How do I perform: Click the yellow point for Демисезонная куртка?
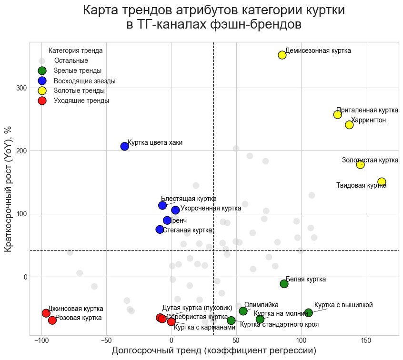point(282,55)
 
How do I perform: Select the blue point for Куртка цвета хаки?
point(125,146)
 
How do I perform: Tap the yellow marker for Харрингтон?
point(349,125)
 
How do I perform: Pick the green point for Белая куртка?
point(284,284)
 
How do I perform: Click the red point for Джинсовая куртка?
point(46,313)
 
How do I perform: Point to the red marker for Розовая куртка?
point(52,320)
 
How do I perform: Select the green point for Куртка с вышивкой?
point(309,313)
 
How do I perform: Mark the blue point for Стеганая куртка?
point(160,230)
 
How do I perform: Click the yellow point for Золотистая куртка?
point(360,164)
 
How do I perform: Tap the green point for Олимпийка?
point(243,311)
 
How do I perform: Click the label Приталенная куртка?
point(367,110)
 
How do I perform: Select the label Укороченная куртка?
point(211,209)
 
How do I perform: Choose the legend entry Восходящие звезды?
point(85,81)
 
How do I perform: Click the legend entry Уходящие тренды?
point(81,100)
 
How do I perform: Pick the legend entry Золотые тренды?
point(80,90)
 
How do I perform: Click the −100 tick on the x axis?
point(41,341)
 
